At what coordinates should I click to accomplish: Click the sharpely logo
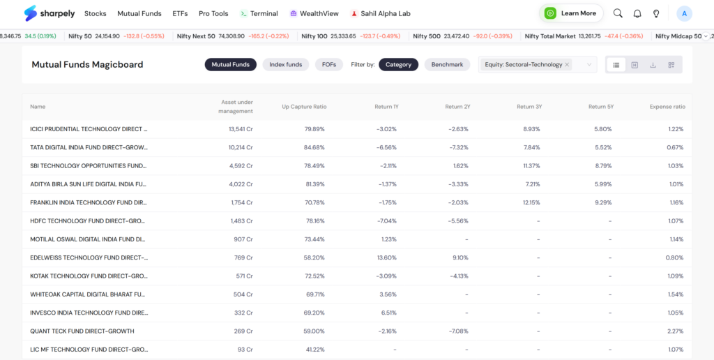click(50, 13)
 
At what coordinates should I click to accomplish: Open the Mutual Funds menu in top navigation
click(139, 14)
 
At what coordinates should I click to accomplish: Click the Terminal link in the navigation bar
click(259, 14)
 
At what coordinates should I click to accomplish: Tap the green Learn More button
click(571, 13)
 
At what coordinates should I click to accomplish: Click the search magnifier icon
click(618, 13)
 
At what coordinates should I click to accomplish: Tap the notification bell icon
click(637, 14)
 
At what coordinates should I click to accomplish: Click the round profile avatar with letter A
click(685, 14)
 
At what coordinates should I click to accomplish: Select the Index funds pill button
click(285, 65)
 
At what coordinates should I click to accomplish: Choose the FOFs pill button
click(329, 65)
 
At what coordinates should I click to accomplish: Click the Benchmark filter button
click(447, 65)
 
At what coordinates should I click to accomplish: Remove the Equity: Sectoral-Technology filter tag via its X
click(567, 65)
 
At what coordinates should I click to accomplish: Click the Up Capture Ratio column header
click(304, 107)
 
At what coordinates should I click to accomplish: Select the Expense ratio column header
click(667, 107)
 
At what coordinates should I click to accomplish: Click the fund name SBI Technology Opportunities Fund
click(89, 166)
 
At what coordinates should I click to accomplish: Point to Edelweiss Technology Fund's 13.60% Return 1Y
click(387, 257)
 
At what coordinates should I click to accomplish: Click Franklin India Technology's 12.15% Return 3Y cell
click(531, 202)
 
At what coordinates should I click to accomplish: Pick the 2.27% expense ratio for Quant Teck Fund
click(675, 331)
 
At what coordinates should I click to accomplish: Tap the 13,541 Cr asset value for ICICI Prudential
click(241, 129)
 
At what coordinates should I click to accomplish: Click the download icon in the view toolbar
click(653, 65)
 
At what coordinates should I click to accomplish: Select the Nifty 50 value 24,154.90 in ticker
click(107, 36)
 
